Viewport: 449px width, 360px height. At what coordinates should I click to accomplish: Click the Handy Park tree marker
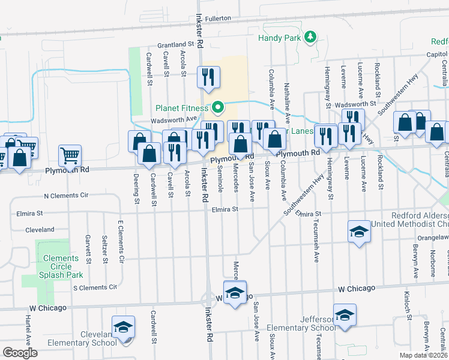(310, 38)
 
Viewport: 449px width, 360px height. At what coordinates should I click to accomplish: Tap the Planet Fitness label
(182, 109)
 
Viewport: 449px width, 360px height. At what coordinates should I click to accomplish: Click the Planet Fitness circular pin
(218, 108)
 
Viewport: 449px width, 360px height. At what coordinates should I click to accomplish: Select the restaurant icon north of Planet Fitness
(208, 77)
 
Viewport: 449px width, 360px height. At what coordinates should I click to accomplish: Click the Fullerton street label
(218, 19)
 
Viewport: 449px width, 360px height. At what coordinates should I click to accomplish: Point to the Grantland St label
(176, 44)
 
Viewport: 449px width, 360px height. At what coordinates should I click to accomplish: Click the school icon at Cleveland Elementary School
(123, 328)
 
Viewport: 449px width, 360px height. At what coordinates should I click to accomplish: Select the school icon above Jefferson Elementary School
(345, 315)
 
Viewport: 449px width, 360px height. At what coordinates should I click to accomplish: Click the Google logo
(20, 353)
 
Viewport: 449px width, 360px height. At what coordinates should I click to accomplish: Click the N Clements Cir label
(66, 196)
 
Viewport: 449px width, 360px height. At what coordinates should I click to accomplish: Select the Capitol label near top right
(438, 53)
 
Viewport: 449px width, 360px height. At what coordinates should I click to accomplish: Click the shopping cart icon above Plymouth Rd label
(70, 155)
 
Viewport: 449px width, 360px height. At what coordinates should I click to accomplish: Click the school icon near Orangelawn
(359, 232)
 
